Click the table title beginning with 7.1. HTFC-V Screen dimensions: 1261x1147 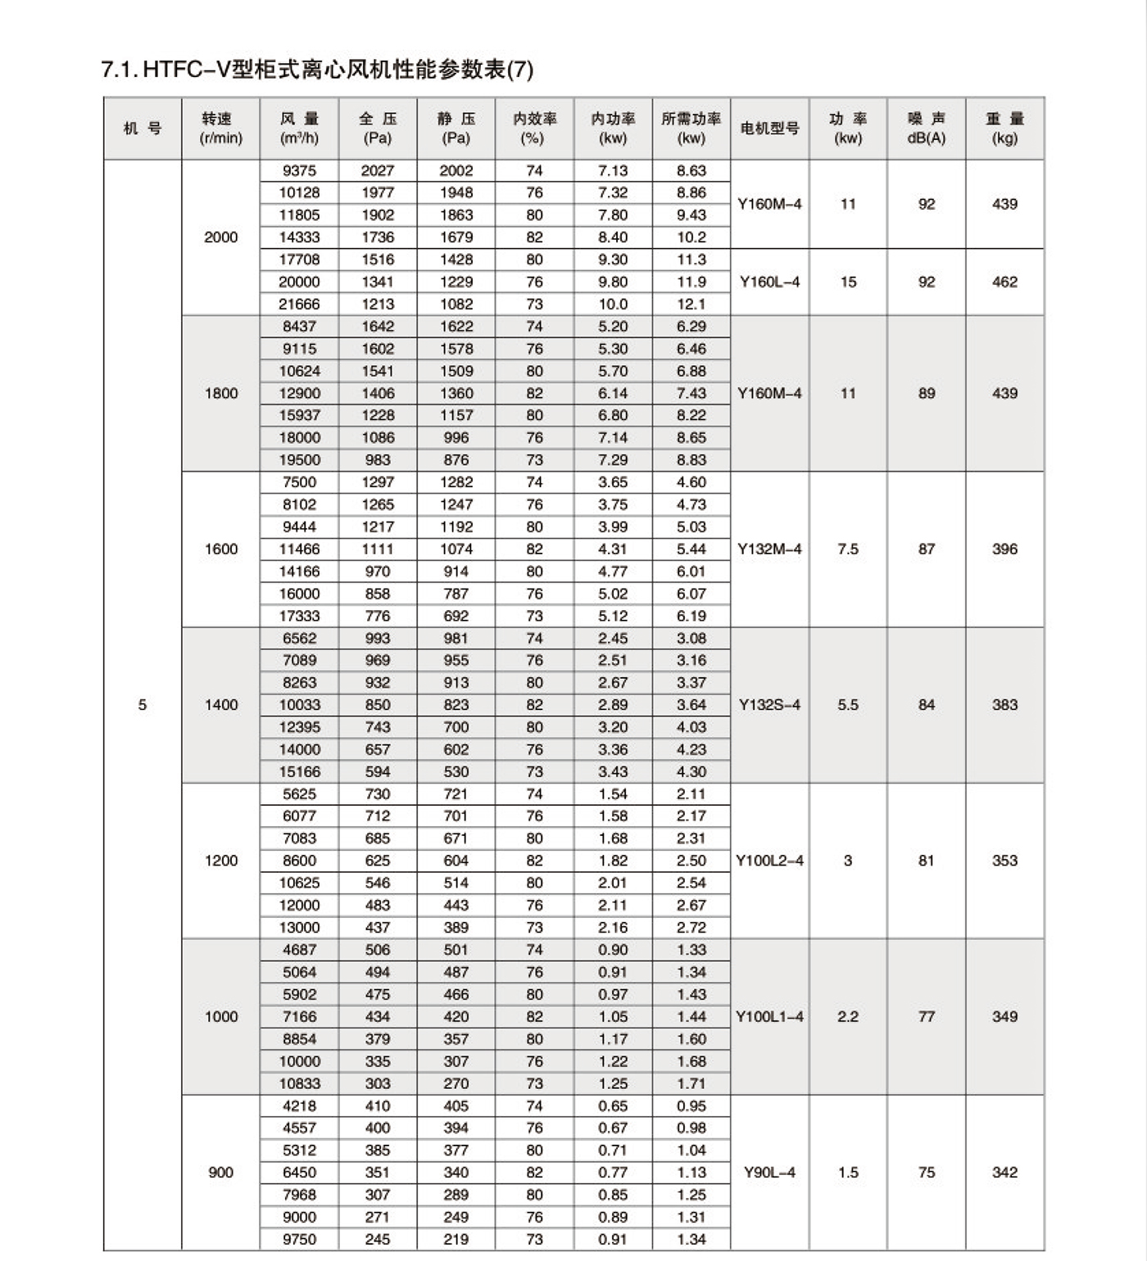coord(317,70)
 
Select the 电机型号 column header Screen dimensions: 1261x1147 coord(769,128)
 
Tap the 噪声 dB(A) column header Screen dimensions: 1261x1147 coord(926,128)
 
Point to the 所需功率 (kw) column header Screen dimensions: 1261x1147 coord(691,128)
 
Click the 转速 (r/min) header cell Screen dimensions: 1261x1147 coord(220,128)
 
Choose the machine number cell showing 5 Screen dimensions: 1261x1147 coord(143,705)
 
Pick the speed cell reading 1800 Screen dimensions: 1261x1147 coord(220,393)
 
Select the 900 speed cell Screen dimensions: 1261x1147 coord(220,1173)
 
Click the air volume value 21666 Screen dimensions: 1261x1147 coord(299,304)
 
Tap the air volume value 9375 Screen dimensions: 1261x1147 coord(299,170)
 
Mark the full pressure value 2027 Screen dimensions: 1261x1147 coord(378,170)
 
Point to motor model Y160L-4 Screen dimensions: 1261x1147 coord(769,282)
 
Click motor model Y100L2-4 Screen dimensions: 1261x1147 coord(769,861)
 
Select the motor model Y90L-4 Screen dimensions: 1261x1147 coord(769,1173)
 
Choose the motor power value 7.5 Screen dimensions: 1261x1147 coord(848,549)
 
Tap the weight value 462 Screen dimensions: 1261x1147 coord(1004,282)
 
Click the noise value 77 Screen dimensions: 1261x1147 coord(926,1016)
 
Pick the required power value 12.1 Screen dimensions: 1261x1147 coord(691,304)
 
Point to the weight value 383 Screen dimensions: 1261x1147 coord(1004,705)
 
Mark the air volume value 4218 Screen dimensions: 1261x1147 coord(299,1105)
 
